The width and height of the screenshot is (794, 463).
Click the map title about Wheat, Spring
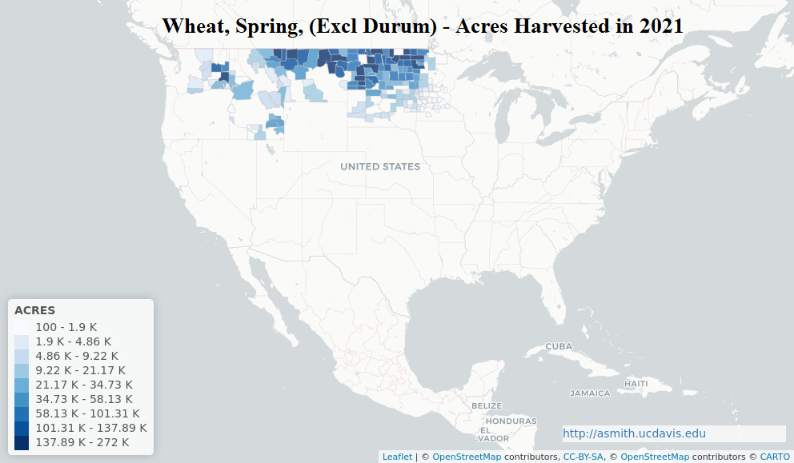[422, 26]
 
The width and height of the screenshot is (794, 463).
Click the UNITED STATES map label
[379, 166]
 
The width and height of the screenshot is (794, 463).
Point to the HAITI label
[636, 384]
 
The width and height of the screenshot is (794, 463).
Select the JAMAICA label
[589, 393]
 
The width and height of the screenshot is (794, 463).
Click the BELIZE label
[486, 405]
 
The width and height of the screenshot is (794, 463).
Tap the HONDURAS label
[511, 421]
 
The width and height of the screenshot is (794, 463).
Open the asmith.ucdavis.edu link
[634, 433]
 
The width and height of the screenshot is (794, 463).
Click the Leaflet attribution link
[397, 457]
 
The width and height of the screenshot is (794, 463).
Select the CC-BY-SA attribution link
[583, 457]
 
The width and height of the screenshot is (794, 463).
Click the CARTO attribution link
[774, 457]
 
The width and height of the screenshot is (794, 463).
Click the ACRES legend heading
[34, 310]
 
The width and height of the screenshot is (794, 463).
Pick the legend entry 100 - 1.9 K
[66, 327]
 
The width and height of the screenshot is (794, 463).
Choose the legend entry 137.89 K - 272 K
[82, 442]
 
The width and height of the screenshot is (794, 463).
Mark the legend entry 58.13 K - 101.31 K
[86, 413]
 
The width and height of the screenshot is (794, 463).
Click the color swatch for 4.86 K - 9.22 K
[22, 356]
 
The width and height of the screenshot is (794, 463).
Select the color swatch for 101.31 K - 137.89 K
[22, 428]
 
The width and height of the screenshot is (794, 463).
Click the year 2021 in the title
[660, 26]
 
